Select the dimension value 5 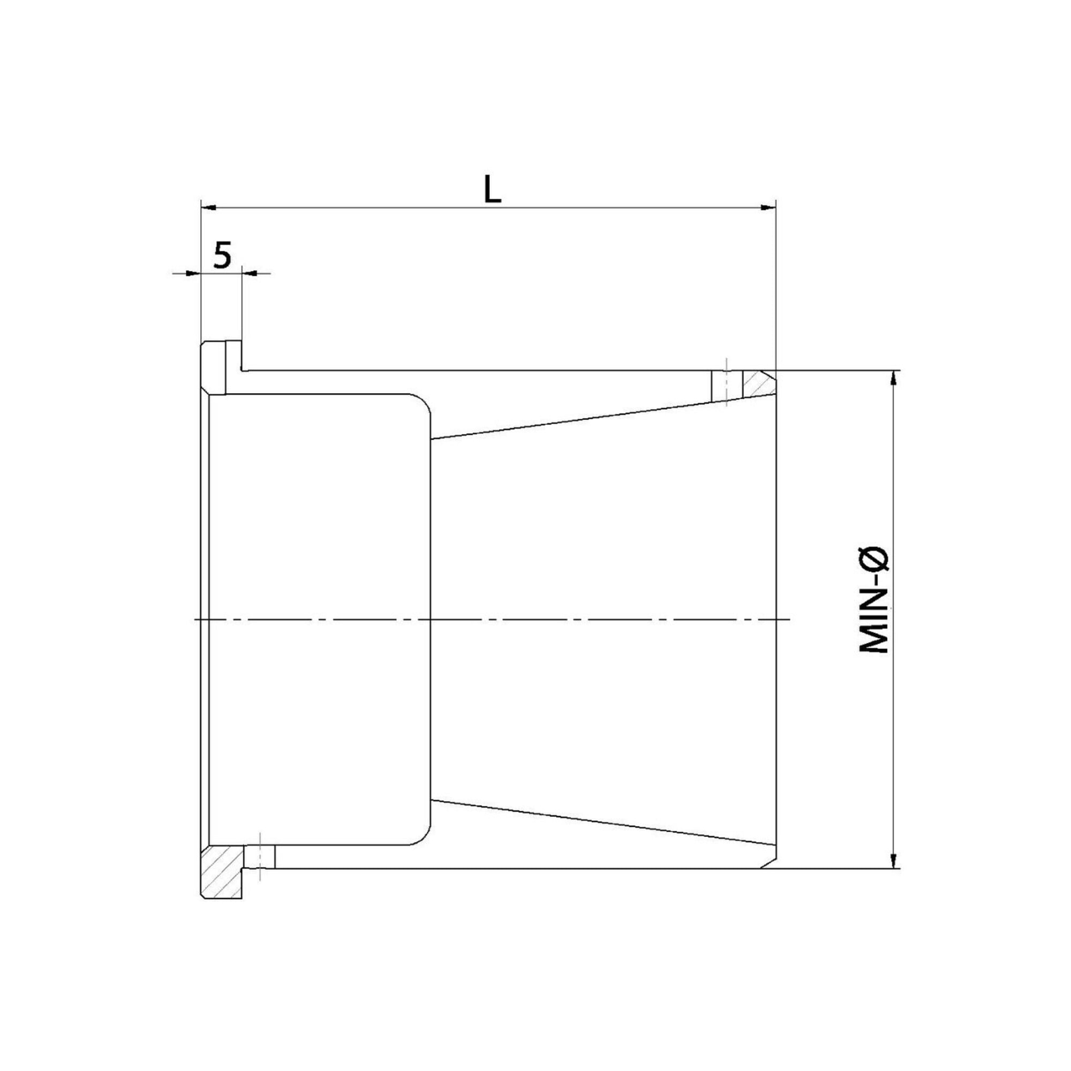coord(222,255)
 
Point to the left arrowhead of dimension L coord(208,208)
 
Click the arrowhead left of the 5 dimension coord(193,273)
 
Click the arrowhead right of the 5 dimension coord(250,273)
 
